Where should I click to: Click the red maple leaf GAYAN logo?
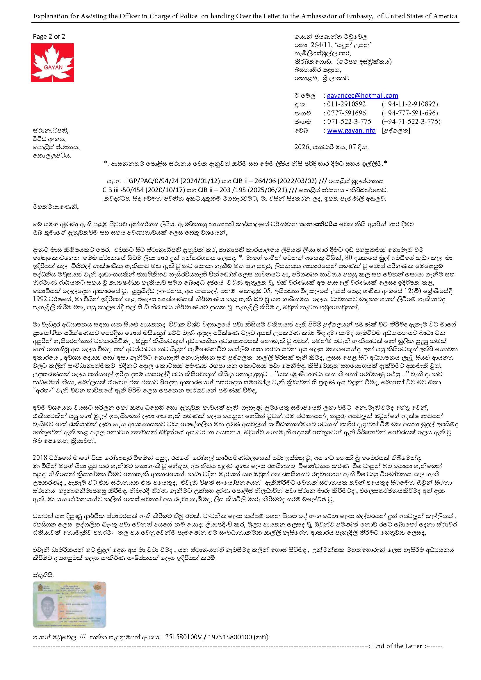[52, 63]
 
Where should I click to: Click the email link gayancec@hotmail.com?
[362, 96]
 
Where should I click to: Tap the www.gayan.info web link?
[351, 131]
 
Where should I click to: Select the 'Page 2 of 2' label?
[49, 36]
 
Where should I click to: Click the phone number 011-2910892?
[346, 104]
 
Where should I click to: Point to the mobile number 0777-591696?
[346, 113]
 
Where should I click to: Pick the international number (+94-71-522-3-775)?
[411, 122]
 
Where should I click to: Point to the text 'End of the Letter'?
[397, 646]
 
